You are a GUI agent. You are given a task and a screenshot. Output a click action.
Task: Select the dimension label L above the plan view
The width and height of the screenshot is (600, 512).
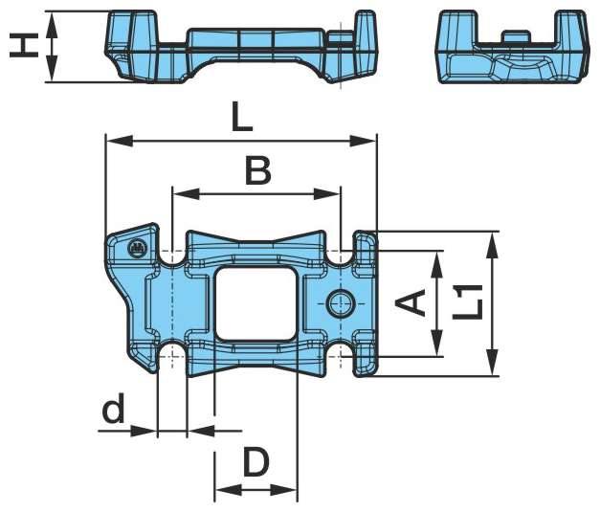pyautogui.click(x=241, y=119)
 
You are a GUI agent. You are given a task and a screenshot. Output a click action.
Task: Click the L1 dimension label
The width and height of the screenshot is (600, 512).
pyautogui.click(x=467, y=303)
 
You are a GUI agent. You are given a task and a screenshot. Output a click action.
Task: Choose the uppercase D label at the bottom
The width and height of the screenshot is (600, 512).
pyautogui.click(x=255, y=463)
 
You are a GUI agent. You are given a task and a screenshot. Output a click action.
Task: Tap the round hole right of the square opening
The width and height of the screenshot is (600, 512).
pyautogui.click(x=340, y=303)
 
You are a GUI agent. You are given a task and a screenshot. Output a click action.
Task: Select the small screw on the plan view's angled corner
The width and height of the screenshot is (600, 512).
pyautogui.click(x=136, y=249)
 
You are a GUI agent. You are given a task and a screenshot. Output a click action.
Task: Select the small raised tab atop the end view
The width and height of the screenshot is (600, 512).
pyautogui.click(x=516, y=35)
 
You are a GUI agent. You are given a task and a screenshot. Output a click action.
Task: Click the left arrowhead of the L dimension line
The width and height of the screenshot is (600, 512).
pyautogui.click(x=111, y=142)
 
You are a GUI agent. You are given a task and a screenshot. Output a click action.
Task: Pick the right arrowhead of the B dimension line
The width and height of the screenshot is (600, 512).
pyautogui.click(x=334, y=193)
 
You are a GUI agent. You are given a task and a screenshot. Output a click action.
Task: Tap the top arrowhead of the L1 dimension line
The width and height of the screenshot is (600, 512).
pyautogui.click(x=492, y=238)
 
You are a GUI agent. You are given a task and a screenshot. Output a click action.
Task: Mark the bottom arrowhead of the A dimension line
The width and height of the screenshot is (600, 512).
pyautogui.click(x=438, y=350)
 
